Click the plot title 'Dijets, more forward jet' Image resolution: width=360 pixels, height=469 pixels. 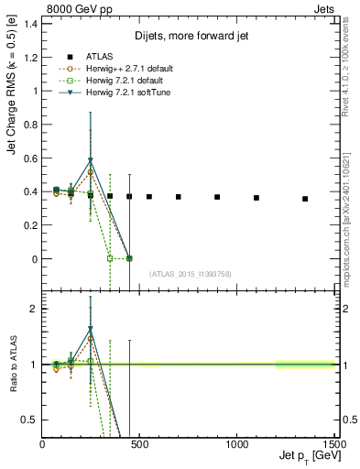point(189,38)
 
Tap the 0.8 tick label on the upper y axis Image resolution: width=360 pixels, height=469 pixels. point(29,125)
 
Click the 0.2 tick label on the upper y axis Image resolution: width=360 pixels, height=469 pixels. point(29,225)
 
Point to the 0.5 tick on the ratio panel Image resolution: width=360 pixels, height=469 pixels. point(29,420)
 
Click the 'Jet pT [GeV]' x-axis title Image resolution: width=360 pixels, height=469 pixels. point(303,456)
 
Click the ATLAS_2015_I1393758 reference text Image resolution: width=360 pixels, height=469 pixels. point(191,273)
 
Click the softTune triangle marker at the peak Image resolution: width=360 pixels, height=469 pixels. point(91,160)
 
